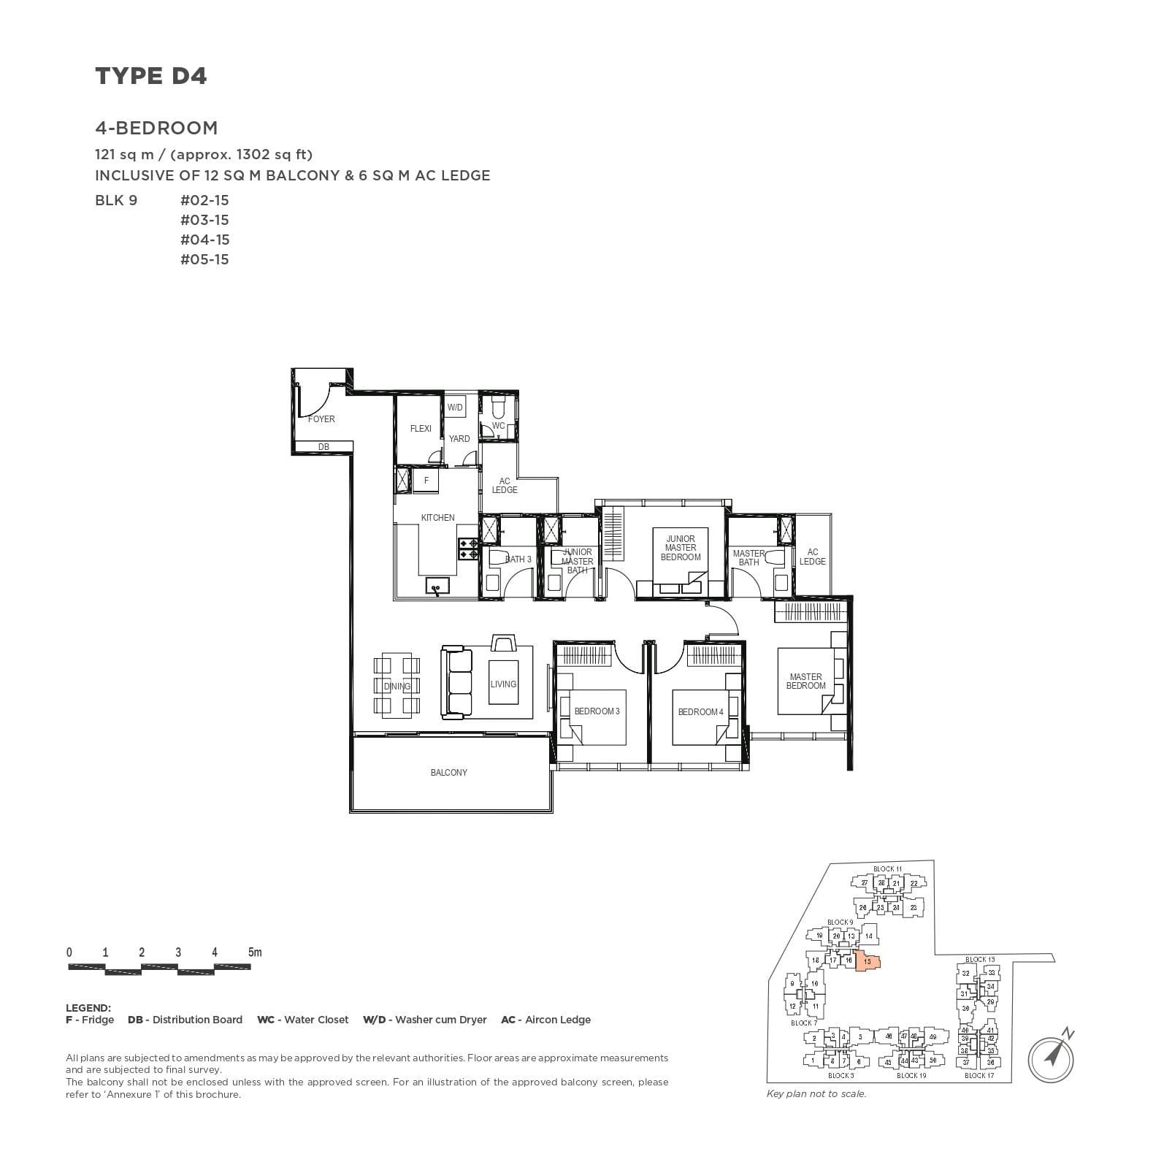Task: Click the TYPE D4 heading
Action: [151, 76]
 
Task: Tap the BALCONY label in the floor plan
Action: [448, 772]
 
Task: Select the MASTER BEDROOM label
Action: [805, 681]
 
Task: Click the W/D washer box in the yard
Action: [455, 408]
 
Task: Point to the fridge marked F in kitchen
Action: [426, 481]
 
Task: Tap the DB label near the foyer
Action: [323, 447]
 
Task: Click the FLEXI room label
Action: [421, 429]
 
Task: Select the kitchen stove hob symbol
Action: [467, 549]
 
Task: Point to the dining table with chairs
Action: [397, 686]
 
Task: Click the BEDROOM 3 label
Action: [597, 711]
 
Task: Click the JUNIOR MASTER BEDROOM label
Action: [680, 548]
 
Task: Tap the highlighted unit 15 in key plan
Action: [866, 962]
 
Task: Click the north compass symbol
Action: [1052, 1055]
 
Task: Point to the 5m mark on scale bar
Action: [254, 952]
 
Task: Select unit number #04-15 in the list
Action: [204, 240]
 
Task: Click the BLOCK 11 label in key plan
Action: [887, 868]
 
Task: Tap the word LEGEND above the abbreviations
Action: [88, 1008]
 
